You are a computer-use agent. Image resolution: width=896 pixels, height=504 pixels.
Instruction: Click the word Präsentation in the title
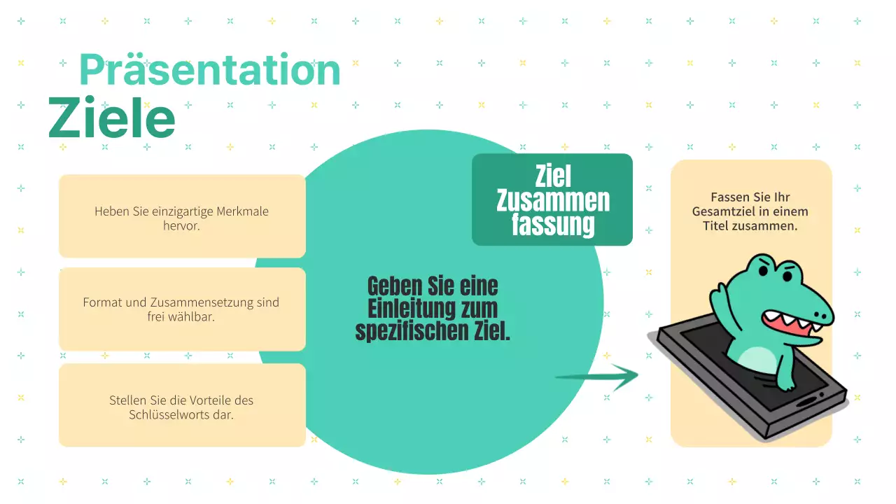pos(209,70)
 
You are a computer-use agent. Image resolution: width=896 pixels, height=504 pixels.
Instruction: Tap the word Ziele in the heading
pos(111,118)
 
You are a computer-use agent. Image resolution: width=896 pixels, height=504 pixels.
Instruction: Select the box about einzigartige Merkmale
pos(182,216)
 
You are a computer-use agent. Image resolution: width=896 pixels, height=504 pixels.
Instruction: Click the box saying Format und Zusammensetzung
pos(182,309)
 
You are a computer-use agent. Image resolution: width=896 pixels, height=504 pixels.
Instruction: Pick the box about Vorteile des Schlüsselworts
pos(182,405)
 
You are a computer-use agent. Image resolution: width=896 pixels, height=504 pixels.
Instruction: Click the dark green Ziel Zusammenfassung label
pos(552,200)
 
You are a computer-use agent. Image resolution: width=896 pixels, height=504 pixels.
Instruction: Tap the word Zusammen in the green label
pos(553,201)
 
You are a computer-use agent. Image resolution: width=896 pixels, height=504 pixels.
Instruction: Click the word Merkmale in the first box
pos(241,211)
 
